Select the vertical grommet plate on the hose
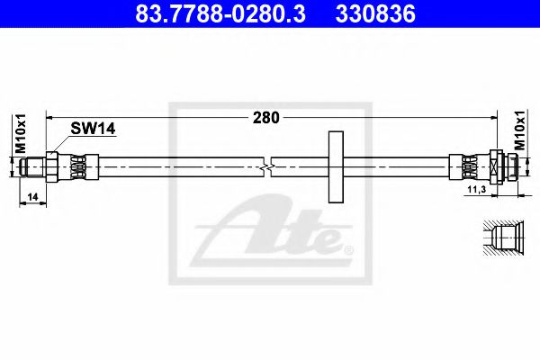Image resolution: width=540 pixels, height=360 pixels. click(337, 166)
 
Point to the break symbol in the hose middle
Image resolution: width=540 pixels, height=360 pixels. click(267, 166)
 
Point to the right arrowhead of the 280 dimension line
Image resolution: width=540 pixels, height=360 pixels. click(492, 117)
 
